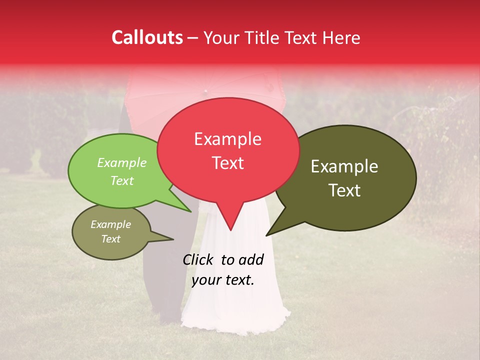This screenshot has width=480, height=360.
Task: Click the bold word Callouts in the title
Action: coord(147,37)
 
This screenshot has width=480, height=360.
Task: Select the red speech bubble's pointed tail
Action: coord(229,220)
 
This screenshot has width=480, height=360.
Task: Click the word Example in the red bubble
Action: coord(227,139)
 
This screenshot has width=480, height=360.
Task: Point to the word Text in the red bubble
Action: coord(227,163)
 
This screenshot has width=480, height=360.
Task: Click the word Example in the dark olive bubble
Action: coord(344,166)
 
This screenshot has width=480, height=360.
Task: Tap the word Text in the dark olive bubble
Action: coord(344,190)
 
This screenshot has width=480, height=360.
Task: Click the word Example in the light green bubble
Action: coord(122,163)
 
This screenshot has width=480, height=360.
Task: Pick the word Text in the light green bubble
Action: coord(122,181)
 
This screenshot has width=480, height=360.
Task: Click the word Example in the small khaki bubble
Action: coord(110,225)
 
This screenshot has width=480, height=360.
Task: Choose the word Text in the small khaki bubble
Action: coord(110,239)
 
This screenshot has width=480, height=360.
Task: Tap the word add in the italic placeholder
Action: coord(251,259)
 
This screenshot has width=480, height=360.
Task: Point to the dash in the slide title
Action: coord(193,39)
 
